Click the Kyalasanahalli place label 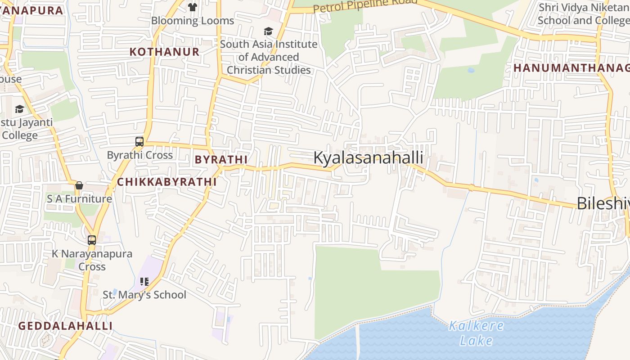(x=368, y=158)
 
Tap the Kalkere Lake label (x=477, y=333)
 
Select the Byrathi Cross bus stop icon (x=139, y=142)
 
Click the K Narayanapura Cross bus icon (x=92, y=240)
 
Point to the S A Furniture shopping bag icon (x=79, y=185)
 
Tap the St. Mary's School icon (x=144, y=282)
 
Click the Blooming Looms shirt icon (x=193, y=7)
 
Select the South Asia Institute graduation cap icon (x=268, y=31)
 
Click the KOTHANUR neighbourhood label (x=165, y=52)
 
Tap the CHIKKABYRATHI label (x=167, y=182)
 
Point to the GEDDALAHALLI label (x=65, y=326)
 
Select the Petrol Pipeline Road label (x=365, y=6)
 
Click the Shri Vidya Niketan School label (x=583, y=14)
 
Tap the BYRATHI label (x=221, y=159)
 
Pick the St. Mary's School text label (x=144, y=295)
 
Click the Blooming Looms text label (x=193, y=21)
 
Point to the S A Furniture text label (x=79, y=199)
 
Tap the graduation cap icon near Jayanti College (x=19, y=109)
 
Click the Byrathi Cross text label (x=139, y=155)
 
